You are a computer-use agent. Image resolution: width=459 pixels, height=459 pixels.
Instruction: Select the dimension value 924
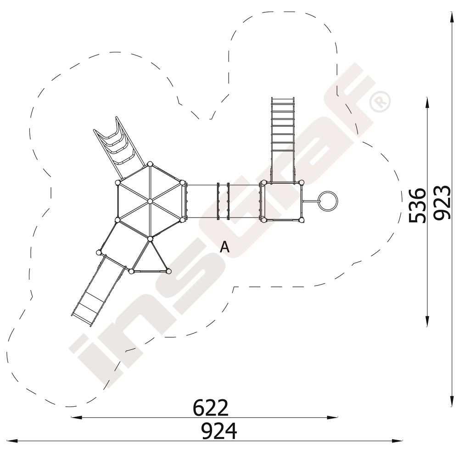tap(219, 431)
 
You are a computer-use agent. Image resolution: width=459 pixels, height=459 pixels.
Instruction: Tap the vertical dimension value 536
tap(417, 206)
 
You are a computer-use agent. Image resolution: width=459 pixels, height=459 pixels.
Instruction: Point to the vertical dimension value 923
tap(442, 202)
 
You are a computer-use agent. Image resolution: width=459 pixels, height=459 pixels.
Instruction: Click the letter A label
tap(224, 247)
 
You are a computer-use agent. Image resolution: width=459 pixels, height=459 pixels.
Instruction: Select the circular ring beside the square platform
tap(328, 202)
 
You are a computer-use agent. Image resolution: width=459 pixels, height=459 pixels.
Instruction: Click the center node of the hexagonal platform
tap(150, 201)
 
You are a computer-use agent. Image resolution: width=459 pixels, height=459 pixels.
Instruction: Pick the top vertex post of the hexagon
tap(150, 164)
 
